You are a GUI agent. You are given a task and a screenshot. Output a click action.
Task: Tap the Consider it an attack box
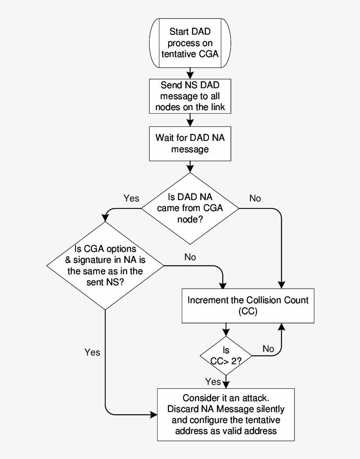(x=226, y=414)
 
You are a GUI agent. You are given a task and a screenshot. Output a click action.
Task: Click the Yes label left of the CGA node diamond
(x=131, y=198)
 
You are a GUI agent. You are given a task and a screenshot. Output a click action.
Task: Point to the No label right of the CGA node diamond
(x=255, y=198)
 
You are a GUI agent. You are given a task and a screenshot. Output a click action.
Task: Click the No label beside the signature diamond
(x=190, y=257)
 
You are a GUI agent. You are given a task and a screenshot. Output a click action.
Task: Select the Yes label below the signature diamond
(x=92, y=352)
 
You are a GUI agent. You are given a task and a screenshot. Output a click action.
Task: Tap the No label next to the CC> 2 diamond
(x=268, y=349)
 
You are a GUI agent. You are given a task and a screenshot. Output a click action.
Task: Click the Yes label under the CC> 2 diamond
(x=213, y=382)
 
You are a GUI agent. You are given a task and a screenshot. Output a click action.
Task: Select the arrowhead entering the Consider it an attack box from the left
(x=154, y=414)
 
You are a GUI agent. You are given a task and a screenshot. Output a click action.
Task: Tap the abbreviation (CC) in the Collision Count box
(x=248, y=312)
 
